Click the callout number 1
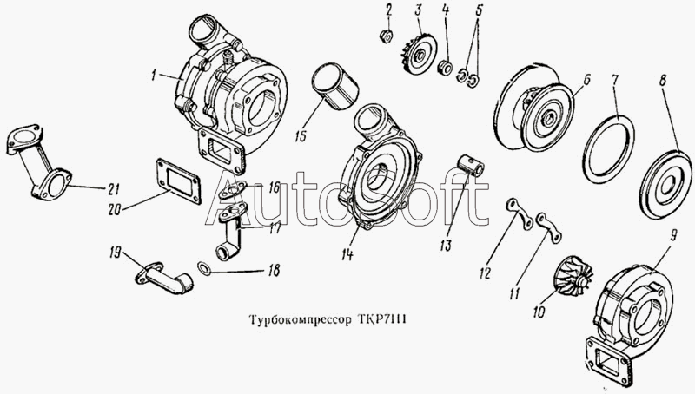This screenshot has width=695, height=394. tap(153, 76)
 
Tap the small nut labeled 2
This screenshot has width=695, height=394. tap(387, 36)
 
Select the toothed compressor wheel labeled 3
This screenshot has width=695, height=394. tap(420, 54)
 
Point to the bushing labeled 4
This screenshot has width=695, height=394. tap(445, 69)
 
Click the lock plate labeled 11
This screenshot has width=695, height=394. tap(549, 227)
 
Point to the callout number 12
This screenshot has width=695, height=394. tap(486, 273)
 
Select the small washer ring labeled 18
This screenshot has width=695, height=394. tap(204, 267)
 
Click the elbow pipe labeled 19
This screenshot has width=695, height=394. tap(164, 278)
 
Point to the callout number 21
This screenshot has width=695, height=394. tap(114, 189)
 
